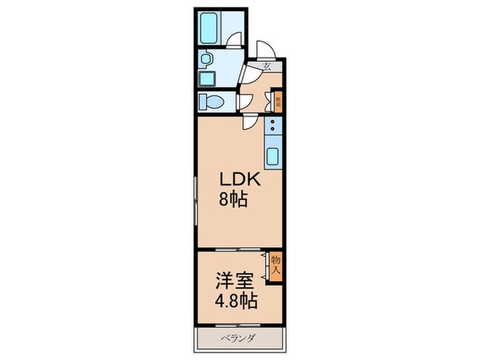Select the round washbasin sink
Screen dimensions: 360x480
click(x=205, y=60)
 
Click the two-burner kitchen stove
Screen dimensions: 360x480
click(x=273, y=125)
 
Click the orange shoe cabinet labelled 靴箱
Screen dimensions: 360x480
click(x=278, y=103)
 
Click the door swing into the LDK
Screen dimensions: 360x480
click(x=250, y=123)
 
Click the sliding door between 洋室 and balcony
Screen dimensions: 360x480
click(x=237, y=324)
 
